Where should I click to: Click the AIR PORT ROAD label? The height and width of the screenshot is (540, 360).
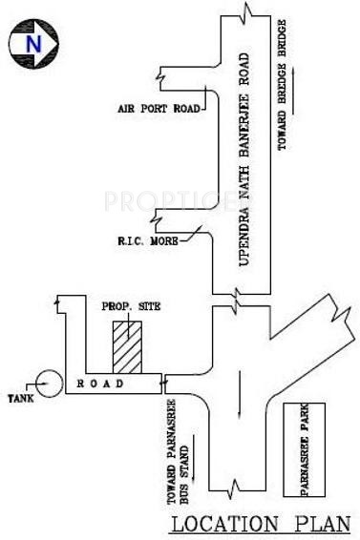pyautogui.click(x=159, y=109)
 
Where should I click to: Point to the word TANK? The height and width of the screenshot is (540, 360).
pyautogui.click(x=20, y=398)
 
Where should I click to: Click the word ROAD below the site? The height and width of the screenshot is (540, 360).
pyautogui.click(x=95, y=384)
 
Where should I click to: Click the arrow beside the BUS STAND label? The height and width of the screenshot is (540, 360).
pyautogui.click(x=195, y=456)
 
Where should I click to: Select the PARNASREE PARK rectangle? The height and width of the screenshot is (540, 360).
pyautogui.click(x=305, y=450)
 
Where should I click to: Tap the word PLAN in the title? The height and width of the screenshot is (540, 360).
pyautogui.click(x=319, y=523)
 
